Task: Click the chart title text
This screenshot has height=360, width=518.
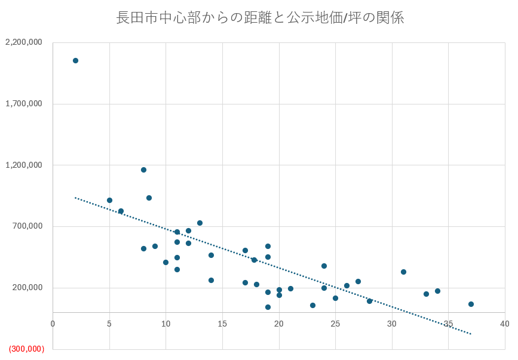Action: [x=260, y=18]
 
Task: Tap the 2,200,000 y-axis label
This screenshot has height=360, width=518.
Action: [x=23, y=42]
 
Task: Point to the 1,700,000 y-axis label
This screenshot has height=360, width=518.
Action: [x=23, y=104]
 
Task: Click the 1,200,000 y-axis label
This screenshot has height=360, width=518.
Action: [x=23, y=165]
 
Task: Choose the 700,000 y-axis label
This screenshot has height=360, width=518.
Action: [x=27, y=226]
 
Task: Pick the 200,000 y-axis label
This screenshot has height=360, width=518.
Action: [x=27, y=288]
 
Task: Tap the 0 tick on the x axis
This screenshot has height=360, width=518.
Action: [x=53, y=324]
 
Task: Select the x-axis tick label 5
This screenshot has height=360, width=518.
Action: [x=109, y=324]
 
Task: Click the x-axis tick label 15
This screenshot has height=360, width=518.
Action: [x=222, y=324]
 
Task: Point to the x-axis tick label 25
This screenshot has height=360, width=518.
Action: [x=335, y=324]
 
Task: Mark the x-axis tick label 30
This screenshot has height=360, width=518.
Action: [x=392, y=324]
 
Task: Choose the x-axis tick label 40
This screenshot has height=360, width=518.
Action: [x=505, y=324]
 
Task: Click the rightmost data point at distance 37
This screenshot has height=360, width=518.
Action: [x=471, y=304]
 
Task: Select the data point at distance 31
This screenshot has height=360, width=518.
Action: [x=403, y=272]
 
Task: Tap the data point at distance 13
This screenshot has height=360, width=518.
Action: [x=200, y=223]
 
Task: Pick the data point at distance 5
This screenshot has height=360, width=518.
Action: [x=109, y=200]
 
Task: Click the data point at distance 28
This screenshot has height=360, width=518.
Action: [x=369, y=301]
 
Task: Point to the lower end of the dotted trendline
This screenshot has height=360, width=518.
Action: [x=471, y=334]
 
